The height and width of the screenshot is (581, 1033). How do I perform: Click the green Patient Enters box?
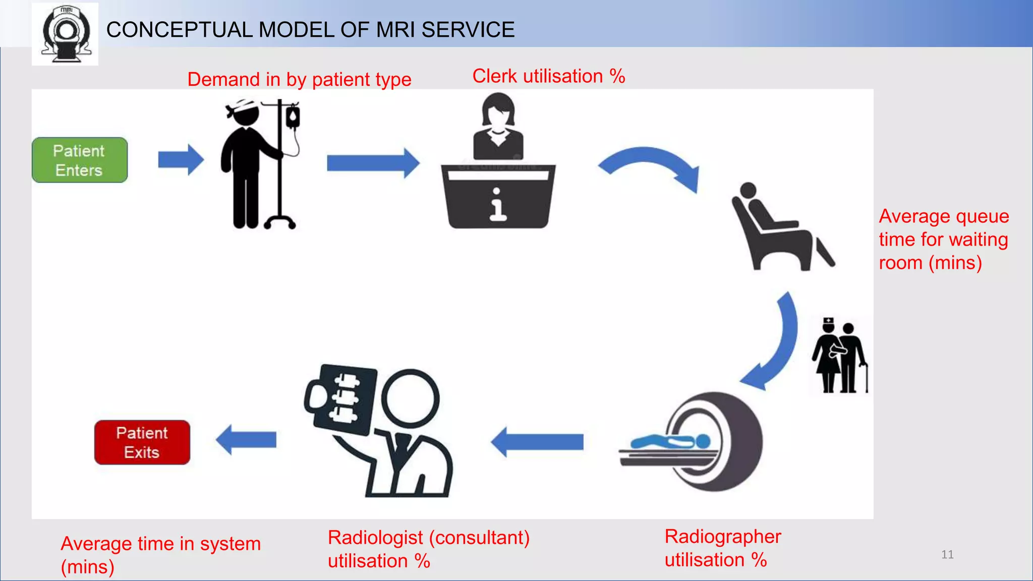pyautogui.click(x=80, y=160)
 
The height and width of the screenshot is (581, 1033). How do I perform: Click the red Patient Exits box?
pyautogui.click(x=142, y=442)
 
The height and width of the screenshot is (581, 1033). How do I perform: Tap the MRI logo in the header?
pyautogui.click(x=66, y=34)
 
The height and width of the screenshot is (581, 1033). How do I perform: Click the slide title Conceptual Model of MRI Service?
pyautogui.click(x=310, y=30)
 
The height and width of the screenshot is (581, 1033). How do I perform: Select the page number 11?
pyautogui.click(x=947, y=555)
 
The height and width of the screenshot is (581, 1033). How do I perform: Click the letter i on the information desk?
pyautogui.click(x=498, y=205)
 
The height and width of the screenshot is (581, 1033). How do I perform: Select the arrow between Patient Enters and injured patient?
pyautogui.click(x=181, y=160)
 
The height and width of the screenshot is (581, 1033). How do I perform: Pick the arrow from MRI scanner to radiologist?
pyautogui.click(x=537, y=442)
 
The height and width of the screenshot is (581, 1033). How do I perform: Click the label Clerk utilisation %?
pyautogui.click(x=548, y=76)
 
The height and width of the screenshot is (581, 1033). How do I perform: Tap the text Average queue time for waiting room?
pyautogui.click(x=943, y=239)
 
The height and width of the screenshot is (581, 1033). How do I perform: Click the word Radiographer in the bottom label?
pyautogui.click(x=722, y=537)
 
